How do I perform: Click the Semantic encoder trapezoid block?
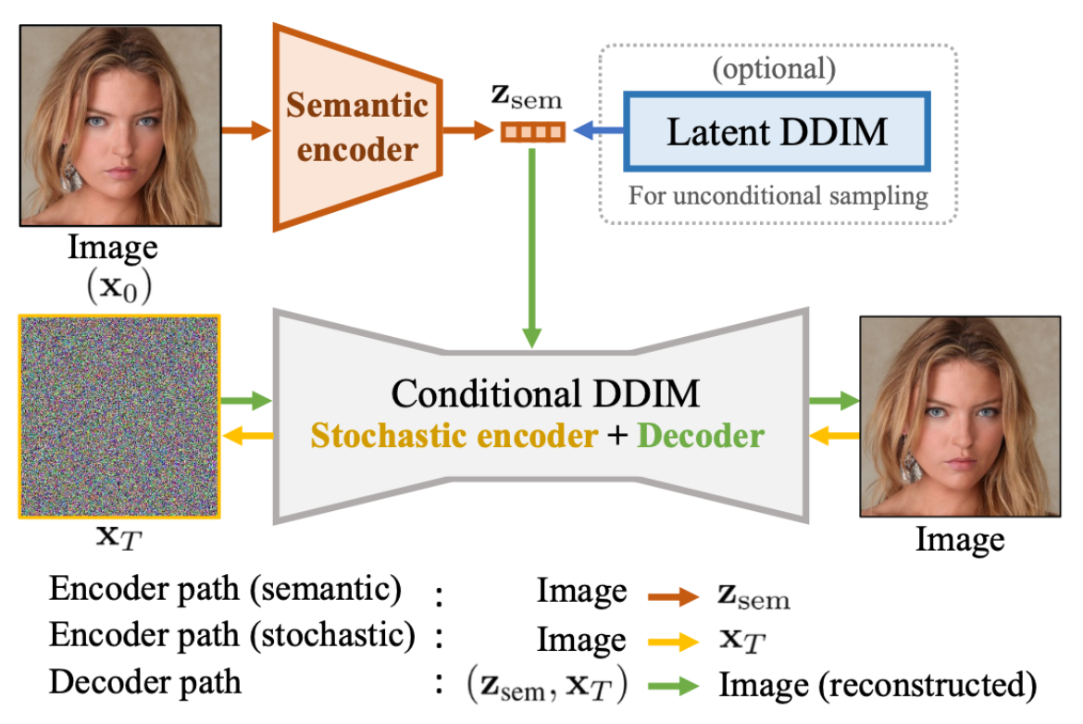pos(355,127)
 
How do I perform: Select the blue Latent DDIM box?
pos(777,131)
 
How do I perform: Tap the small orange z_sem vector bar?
pos(532,132)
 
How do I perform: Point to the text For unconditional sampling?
pos(778,195)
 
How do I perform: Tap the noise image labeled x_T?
pos(118,417)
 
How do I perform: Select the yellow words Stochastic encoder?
pos(454,436)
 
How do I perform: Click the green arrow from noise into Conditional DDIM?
pos(246,401)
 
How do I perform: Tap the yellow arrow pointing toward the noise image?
pos(246,435)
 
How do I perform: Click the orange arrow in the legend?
pos(672,597)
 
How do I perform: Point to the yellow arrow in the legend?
pos(672,641)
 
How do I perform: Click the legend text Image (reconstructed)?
pos(876,684)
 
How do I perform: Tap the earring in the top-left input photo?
pos(71,176)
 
